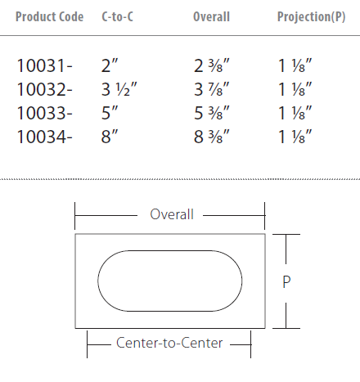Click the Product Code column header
[x=49, y=16]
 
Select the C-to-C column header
[x=117, y=16]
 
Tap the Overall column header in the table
[x=211, y=16]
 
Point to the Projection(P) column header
[x=311, y=16]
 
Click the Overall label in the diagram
[x=172, y=215]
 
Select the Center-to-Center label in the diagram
[x=169, y=344]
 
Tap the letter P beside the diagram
[x=286, y=282]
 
